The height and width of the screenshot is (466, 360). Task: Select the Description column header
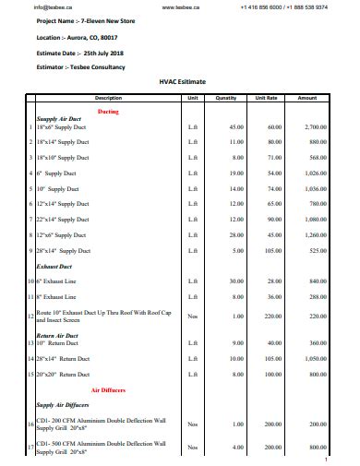[x=108, y=97]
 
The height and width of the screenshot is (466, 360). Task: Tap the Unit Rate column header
[x=266, y=97]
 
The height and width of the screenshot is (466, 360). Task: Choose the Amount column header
[x=307, y=97]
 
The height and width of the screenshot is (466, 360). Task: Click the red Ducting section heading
[x=108, y=111]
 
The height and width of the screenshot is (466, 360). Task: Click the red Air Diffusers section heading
[x=108, y=390]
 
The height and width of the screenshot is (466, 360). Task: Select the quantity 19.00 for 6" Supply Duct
[x=236, y=173]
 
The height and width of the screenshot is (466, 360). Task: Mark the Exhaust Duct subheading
[x=54, y=265]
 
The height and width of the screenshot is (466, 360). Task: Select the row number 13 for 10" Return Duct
[x=31, y=342]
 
